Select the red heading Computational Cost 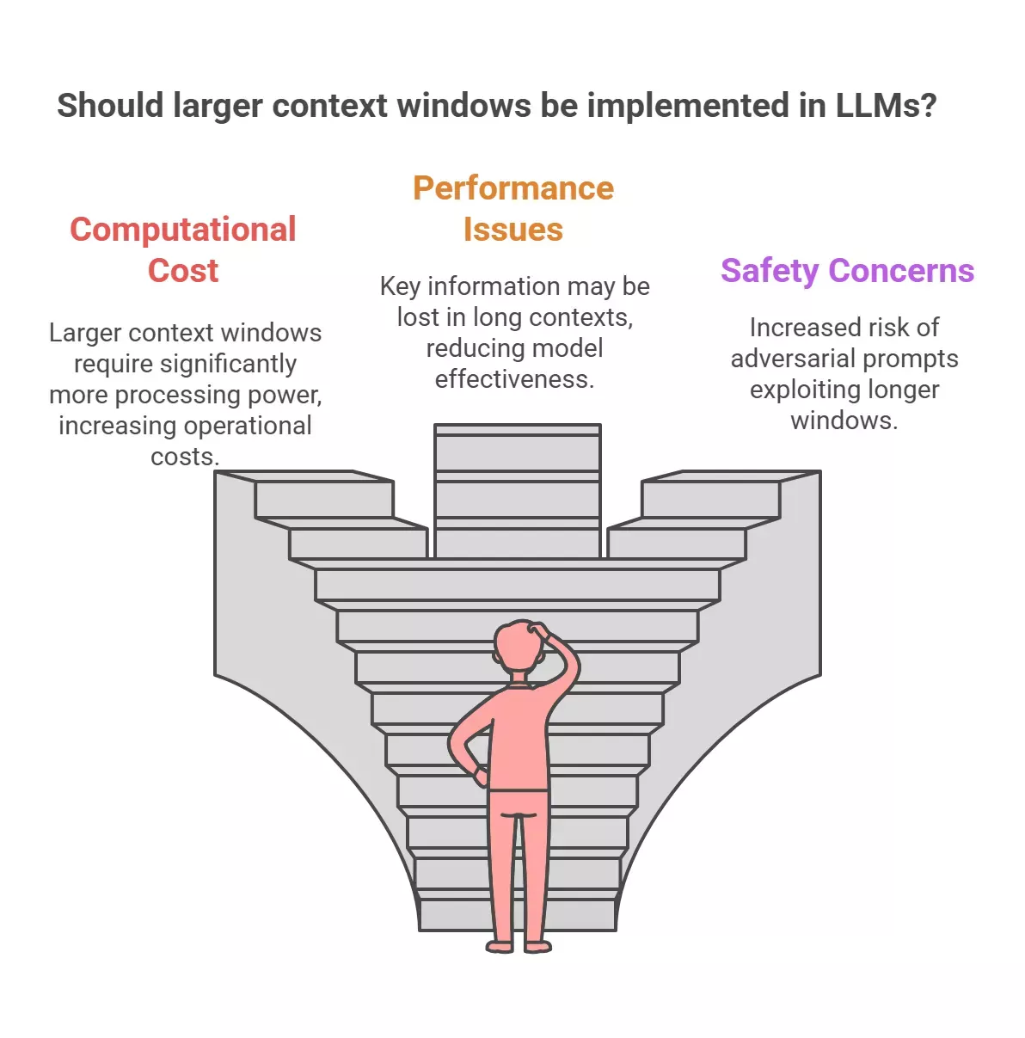[183, 249]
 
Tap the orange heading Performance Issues [513, 209]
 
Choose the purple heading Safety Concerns [847, 271]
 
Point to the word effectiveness [514, 379]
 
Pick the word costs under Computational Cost [184, 457]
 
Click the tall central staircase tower [518, 490]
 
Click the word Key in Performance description [400, 286]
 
